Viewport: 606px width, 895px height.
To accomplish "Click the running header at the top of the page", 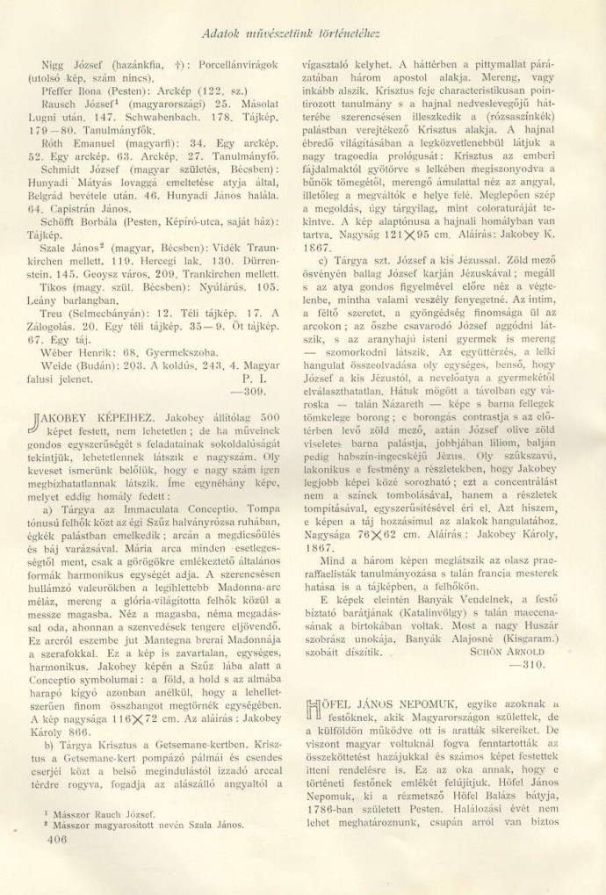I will (x=301, y=35).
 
